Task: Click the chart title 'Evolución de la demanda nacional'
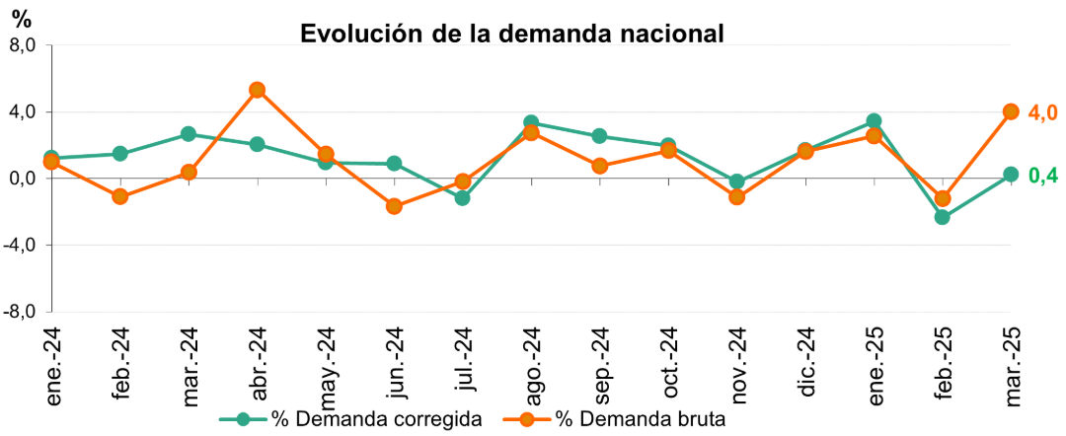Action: click(512, 33)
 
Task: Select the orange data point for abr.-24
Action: click(257, 90)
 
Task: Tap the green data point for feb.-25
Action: click(942, 217)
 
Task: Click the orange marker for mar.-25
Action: click(1011, 111)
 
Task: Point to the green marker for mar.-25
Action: click(1011, 175)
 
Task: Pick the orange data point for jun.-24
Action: click(394, 206)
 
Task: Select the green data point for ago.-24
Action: click(531, 123)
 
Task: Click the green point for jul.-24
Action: click(462, 198)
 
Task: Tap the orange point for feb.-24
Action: click(119, 196)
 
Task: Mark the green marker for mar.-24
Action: click(188, 134)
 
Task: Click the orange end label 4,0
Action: click(1043, 112)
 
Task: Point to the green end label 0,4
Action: click(1043, 176)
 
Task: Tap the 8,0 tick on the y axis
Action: click(22, 45)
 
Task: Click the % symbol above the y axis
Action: click(20, 18)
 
